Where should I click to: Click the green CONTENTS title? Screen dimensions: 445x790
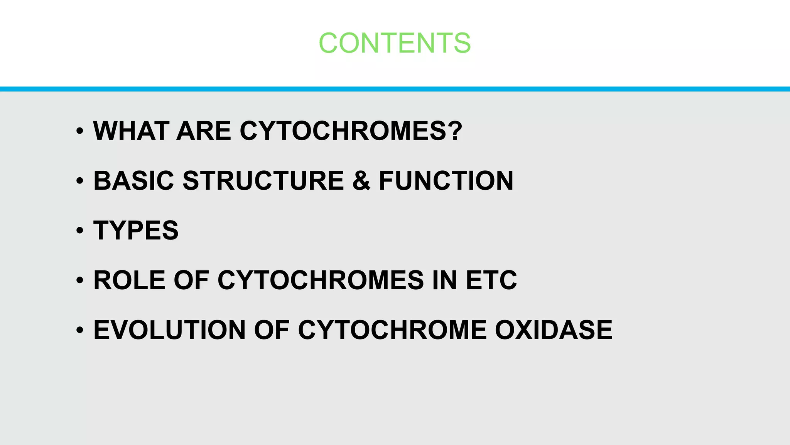coord(395,43)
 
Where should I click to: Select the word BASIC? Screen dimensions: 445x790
coord(133,181)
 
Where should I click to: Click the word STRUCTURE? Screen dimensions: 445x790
coord(263,181)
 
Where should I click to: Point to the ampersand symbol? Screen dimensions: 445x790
coord(361,181)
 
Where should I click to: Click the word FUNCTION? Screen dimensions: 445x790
coord(446,181)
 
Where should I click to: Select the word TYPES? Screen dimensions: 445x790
coord(136,231)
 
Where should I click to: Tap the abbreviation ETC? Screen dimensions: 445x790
coord(491,280)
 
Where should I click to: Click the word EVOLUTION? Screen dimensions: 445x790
coord(169,330)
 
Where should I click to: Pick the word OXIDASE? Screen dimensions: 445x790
coord(553,330)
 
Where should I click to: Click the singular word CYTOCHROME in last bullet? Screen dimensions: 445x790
coord(392,330)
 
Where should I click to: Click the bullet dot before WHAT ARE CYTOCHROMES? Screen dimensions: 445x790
coord(80,131)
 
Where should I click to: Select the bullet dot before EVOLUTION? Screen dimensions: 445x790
coord(80,330)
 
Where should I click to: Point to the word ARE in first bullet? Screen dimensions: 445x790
coord(203,131)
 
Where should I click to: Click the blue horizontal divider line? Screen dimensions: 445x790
coord(395,89)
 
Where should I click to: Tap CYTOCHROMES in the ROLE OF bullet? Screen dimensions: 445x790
coord(321,280)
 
